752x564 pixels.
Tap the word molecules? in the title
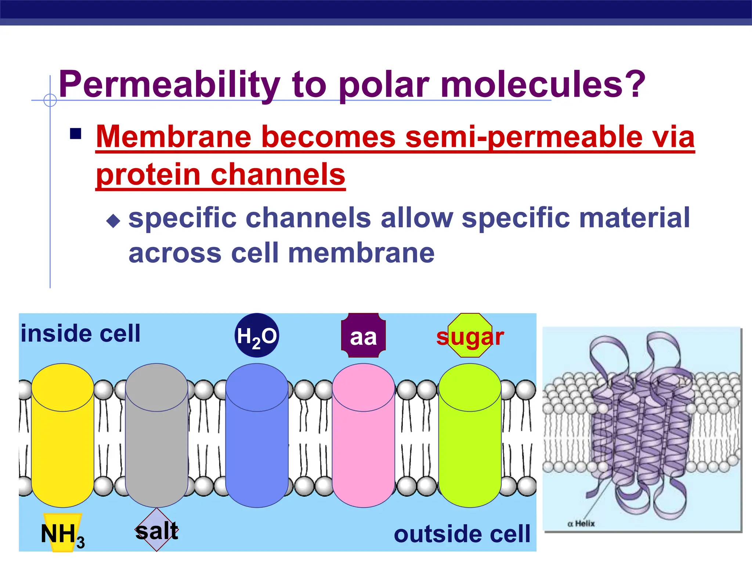543,85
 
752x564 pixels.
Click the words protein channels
220,175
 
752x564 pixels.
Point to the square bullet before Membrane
76,134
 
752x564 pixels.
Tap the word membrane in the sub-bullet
361,253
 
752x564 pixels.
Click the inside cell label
81,333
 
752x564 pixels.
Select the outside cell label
462,534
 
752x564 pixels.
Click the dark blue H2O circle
257,335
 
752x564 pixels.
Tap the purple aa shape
363,336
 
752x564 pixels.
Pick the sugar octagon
470,336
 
